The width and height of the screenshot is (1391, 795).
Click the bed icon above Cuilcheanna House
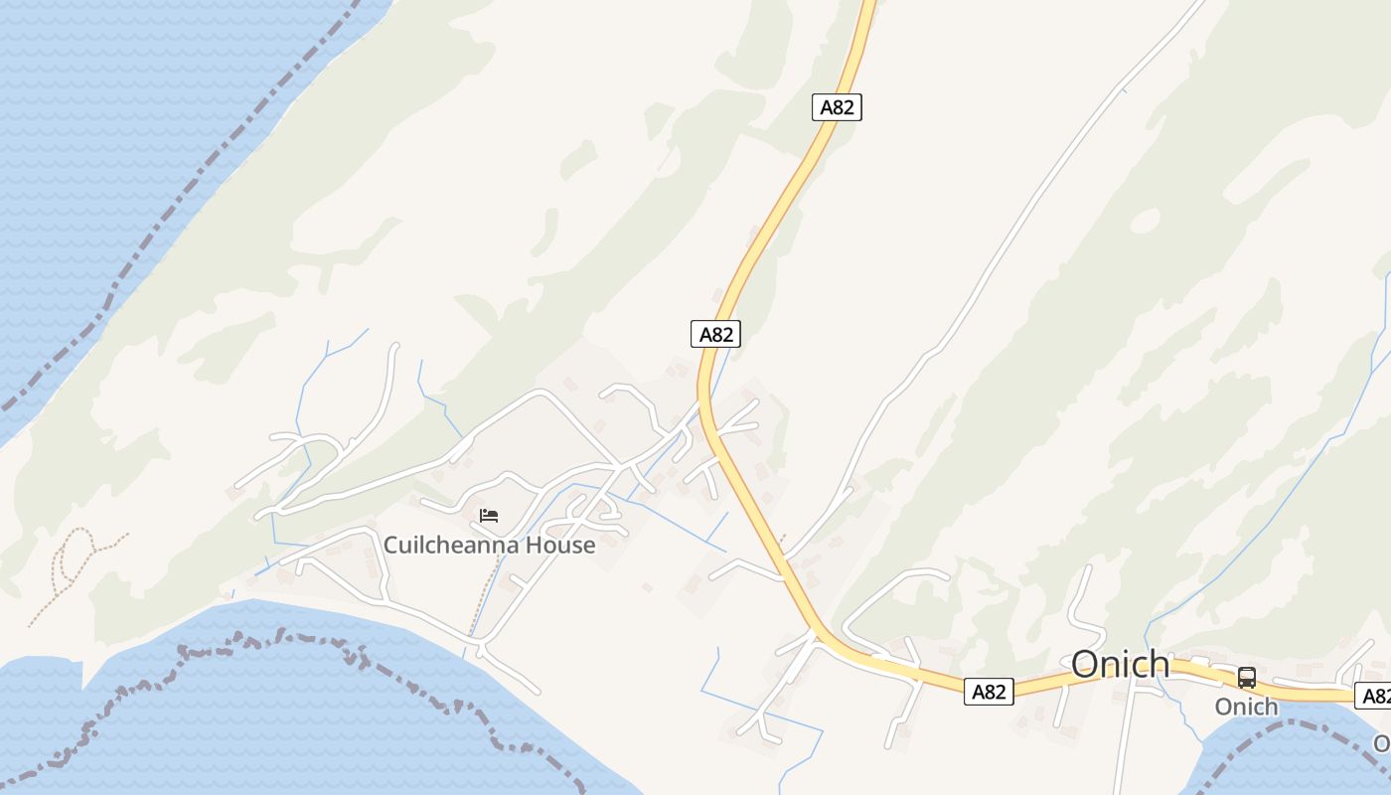click(488, 515)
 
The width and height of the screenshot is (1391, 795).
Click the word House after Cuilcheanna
click(561, 545)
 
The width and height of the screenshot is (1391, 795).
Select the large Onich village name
click(1120, 664)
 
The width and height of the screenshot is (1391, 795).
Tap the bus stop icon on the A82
click(1246, 678)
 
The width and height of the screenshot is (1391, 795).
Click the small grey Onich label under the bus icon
click(1246, 707)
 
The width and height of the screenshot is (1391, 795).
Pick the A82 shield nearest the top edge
click(837, 107)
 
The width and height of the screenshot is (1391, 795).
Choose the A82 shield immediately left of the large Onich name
click(989, 692)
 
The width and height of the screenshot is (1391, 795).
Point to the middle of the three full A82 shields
click(715, 334)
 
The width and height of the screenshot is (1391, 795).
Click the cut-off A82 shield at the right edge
click(1375, 696)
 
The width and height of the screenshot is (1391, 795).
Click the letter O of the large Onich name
click(1086, 664)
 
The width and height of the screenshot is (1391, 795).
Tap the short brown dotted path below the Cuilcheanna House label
click(483, 596)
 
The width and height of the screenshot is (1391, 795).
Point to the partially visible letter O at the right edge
click(1382, 743)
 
